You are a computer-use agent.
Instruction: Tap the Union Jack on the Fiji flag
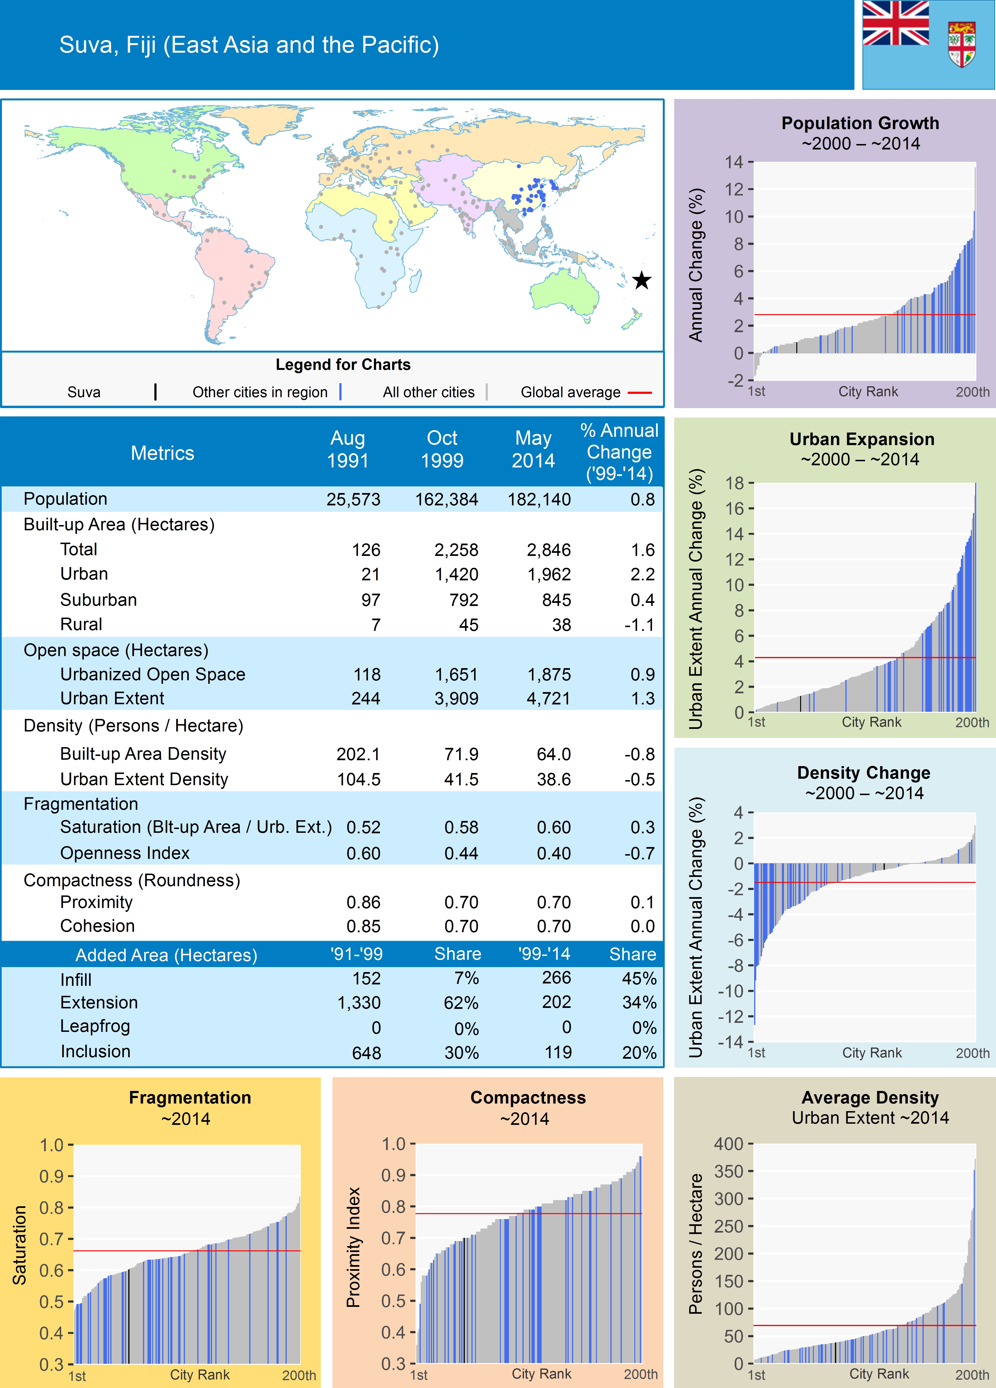[x=895, y=23]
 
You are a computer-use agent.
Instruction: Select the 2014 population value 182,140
[x=539, y=499]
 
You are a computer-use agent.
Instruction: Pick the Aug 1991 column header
[x=347, y=449]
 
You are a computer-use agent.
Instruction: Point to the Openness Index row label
[x=125, y=853]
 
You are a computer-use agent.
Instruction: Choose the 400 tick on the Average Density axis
[x=729, y=1144]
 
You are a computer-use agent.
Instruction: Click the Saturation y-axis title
[x=20, y=1245]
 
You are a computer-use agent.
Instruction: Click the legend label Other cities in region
[x=260, y=392]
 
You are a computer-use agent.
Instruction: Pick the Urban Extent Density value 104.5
[x=359, y=780]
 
